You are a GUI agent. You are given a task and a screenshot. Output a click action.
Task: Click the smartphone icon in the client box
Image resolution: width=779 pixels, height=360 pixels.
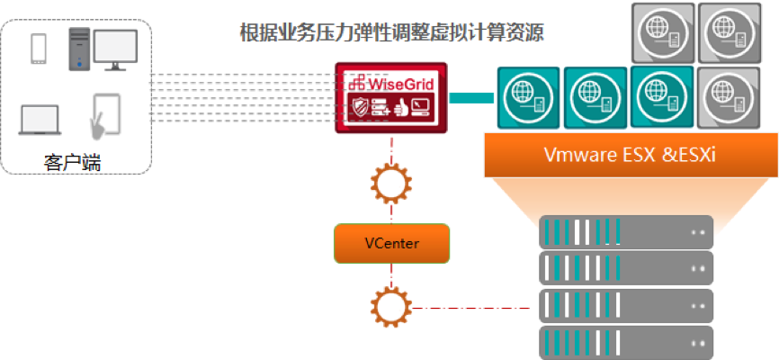click(39, 49)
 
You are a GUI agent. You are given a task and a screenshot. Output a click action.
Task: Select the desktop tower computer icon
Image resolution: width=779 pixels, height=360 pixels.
click(79, 49)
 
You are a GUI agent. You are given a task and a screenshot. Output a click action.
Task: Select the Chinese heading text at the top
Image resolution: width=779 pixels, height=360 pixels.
click(391, 34)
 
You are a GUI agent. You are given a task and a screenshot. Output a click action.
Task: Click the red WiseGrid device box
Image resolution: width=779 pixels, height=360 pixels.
click(391, 97)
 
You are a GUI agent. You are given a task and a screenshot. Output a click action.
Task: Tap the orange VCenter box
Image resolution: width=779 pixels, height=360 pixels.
click(391, 243)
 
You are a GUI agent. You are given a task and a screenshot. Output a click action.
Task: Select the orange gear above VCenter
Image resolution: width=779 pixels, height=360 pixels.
click(391, 184)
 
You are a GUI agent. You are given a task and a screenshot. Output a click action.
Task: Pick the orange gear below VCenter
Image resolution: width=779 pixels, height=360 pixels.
click(391, 306)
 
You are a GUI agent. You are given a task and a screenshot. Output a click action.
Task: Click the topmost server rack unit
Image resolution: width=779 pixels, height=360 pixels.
click(625, 233)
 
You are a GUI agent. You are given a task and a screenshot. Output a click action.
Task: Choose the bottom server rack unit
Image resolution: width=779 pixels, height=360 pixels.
click(625, 343)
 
